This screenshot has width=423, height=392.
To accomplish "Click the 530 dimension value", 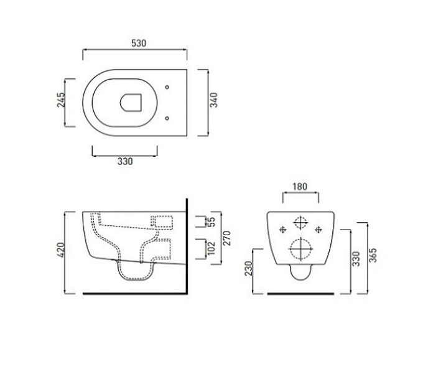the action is point(139,43).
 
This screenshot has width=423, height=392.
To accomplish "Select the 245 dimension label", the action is point(61,100).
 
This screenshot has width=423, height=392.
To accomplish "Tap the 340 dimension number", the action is point(213,100).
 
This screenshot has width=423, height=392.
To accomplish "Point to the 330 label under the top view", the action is point(125,161).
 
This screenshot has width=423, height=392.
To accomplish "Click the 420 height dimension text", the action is point(61,250).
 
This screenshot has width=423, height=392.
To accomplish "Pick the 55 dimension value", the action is point(212,222).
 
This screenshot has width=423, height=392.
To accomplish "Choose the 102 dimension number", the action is point(211,248).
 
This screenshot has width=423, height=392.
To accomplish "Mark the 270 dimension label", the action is point(227,238).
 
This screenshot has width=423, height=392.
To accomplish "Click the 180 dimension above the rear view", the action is point(300,187).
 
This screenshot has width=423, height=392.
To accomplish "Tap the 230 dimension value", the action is point(248,268).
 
